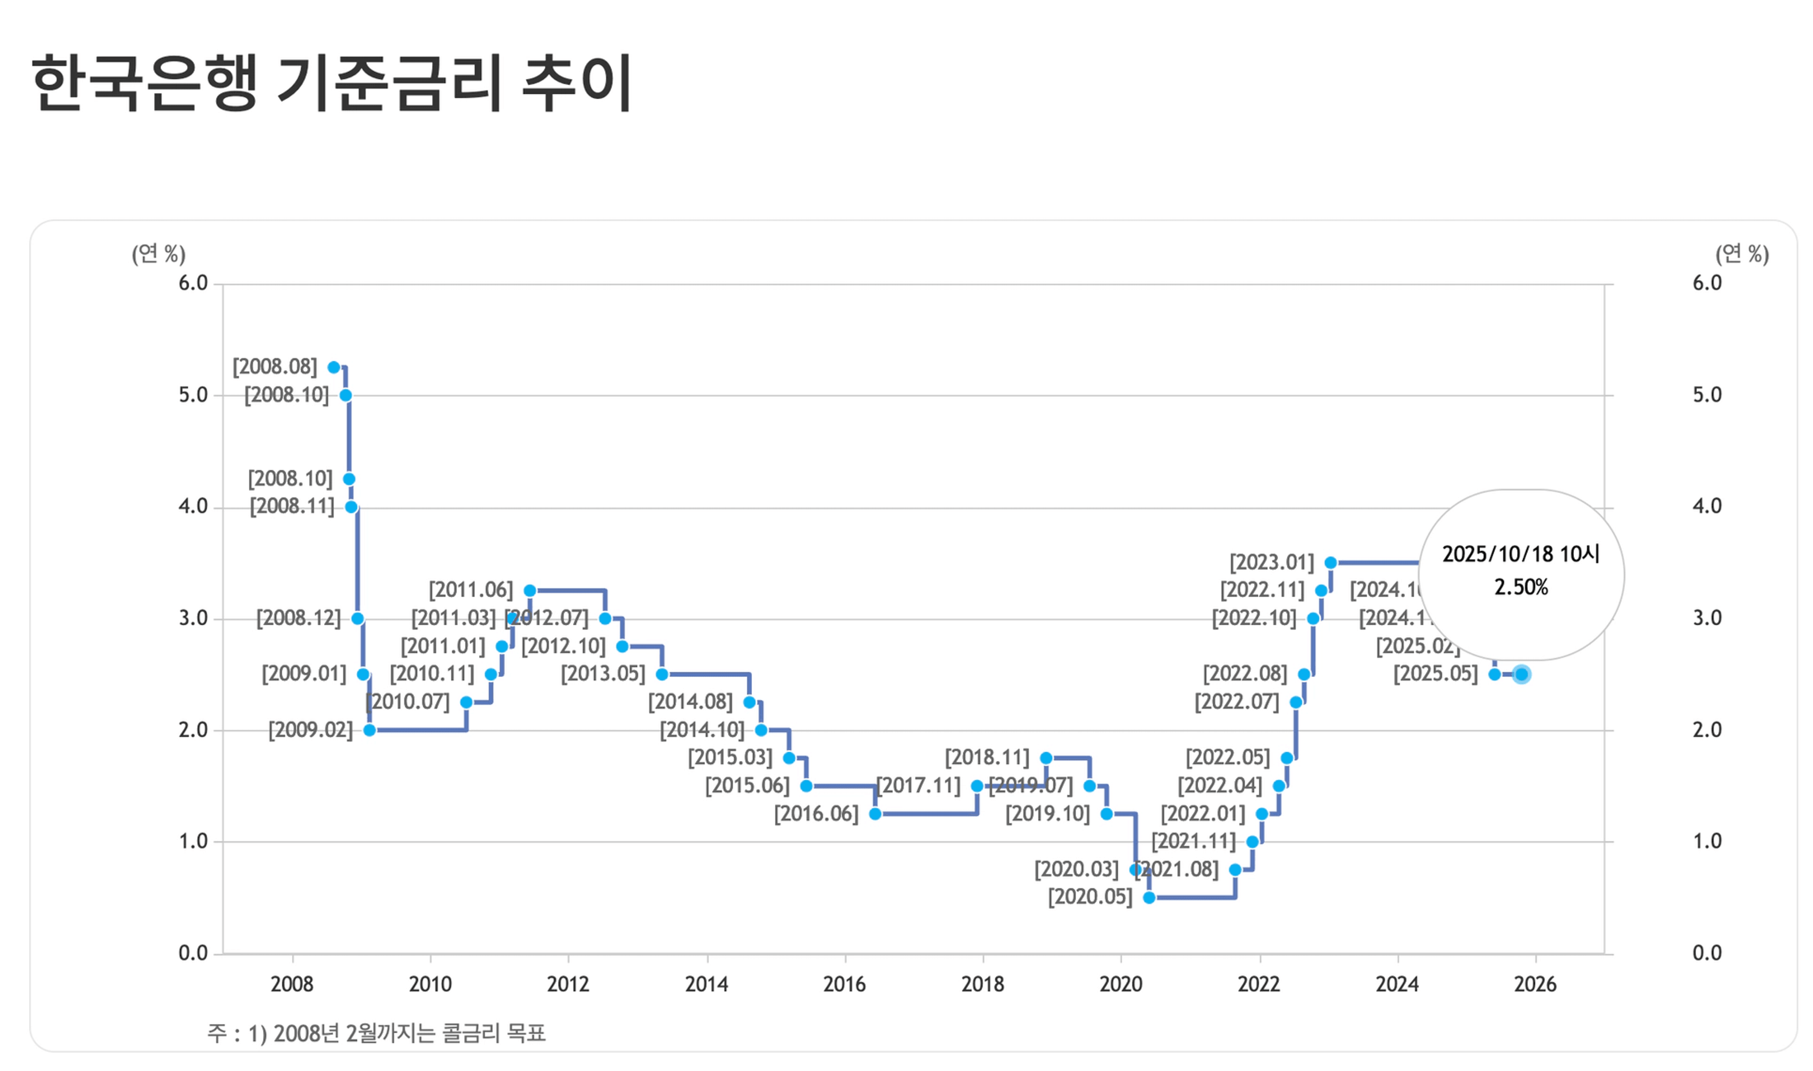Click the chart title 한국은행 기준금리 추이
click(x=332, y=83)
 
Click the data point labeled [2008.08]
click(x=334, y=368)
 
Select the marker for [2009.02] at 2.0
click(x=369, y=731)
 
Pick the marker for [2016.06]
click(x=875, y=814)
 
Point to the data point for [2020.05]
click(x=1149, y=898)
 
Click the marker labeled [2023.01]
click(x=1331, y=563)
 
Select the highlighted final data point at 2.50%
click(x=1522, y=675)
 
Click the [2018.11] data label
click(x=987, y=758)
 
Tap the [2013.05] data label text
click(x=603, y=674)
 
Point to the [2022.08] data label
click(x=1245, y=674)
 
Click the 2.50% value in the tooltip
click(x=1521, y=587)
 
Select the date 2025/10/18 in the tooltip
click(x=1497, y=554)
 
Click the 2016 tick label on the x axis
click(x=844, y=985)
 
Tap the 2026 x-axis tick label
click(x=1535, y=985)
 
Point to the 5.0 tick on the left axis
click(x=194, y=396)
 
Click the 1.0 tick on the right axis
click(x=1707, y=841)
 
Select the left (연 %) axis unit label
click(x=159, y=254)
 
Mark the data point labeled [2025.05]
click(x=1495, y=675)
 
